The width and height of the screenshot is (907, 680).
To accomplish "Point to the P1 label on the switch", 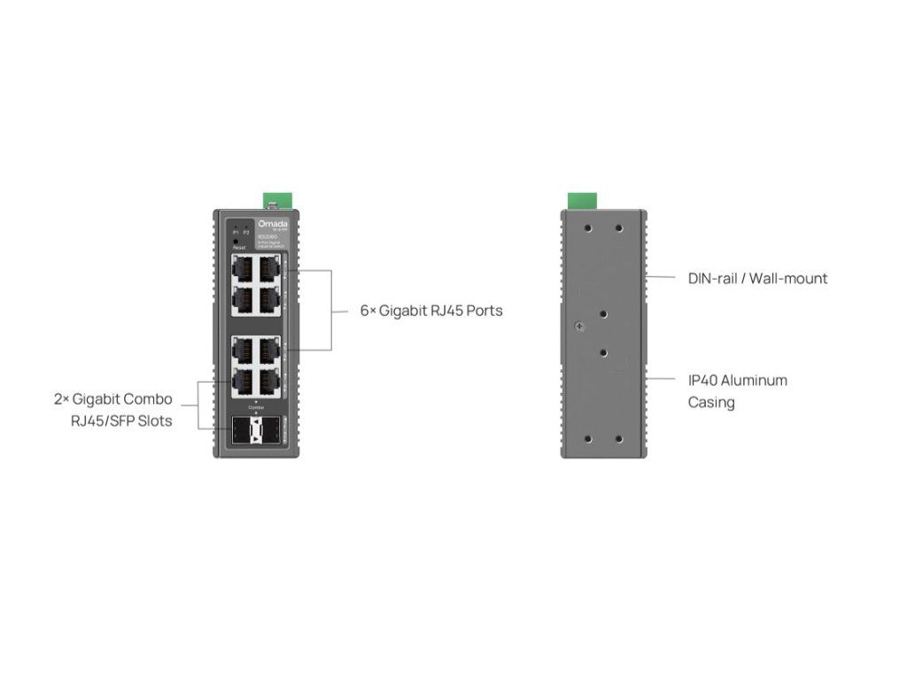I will click(x=235, y=232).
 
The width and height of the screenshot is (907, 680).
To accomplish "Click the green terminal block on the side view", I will click(x=581, y=200).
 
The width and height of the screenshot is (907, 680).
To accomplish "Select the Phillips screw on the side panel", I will click(x=579, y=327).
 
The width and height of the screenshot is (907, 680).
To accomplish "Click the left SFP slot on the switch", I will click(x=242, y=431).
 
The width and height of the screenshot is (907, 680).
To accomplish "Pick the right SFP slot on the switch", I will click(x=267, y=431).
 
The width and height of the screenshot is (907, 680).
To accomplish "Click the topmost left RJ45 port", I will click(x=242, y=267).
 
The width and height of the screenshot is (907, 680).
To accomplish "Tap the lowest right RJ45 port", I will click(x=267, y=382).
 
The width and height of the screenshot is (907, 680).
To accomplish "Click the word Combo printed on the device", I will click(x=255, y=406).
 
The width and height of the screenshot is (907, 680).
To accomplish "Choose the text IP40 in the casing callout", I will click(x=702, y=380).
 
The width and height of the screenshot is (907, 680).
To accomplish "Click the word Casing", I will click(x=711, y=402).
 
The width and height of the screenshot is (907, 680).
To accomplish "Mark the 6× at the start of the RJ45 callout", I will click(x=368, y=311).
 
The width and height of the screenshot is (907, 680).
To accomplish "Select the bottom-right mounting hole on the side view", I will click(x=619, y=438).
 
